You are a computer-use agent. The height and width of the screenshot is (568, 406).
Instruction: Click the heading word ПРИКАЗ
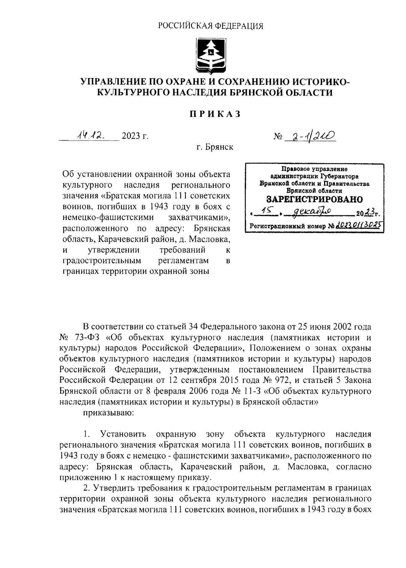214,114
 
